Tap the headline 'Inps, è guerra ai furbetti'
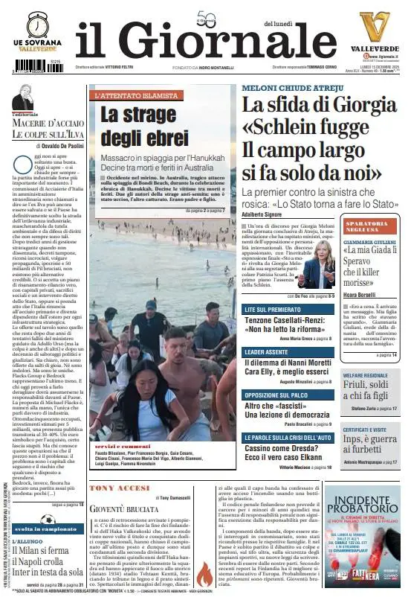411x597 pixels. click(370, 445)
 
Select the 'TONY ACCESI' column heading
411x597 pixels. click(120, 488)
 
